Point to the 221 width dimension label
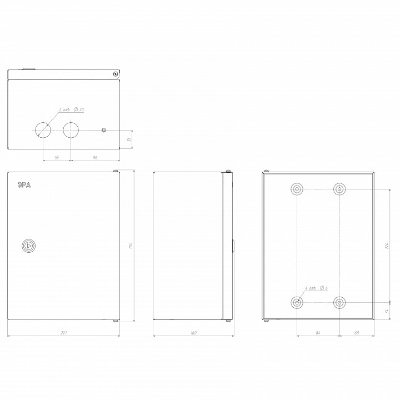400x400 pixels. pos(63,333)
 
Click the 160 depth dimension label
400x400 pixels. pos(193,333)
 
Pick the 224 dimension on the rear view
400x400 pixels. pos(387,245)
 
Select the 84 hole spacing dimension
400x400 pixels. pos(317,333)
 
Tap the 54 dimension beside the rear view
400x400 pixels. pos(387,311)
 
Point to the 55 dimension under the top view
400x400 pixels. pos(57,158)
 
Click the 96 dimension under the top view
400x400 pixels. pos(94,158)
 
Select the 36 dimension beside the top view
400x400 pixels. pos(129,139)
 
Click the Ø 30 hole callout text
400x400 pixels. pos(79,109)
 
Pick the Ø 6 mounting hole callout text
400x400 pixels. pos(324,288)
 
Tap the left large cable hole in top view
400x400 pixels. pos(43,129)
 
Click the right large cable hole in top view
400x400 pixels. pos(71,129)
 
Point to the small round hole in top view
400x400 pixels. pos(103,130)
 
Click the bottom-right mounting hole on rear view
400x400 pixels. pos(338,303)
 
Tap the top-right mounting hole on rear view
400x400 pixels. pos(338,189)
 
